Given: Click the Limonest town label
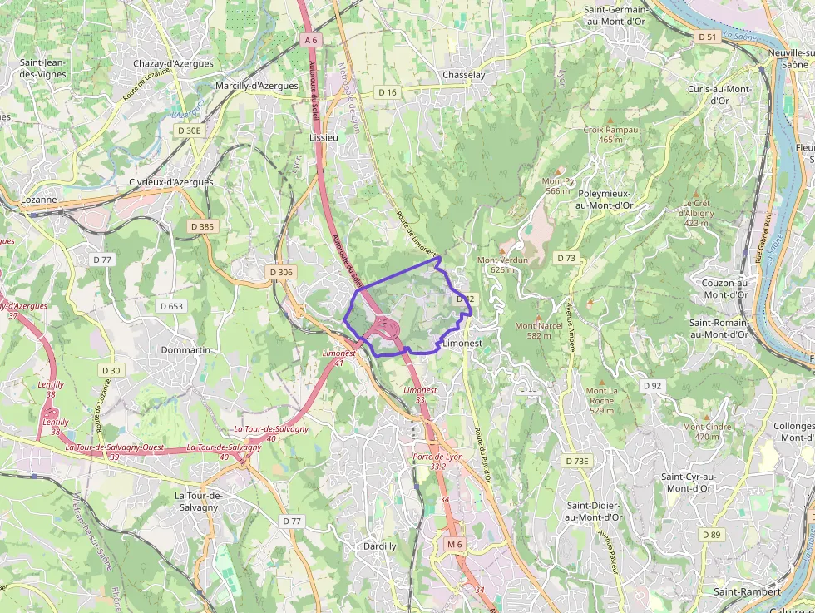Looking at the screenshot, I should coord(463,343).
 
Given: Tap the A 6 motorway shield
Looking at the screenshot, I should coord(310,40).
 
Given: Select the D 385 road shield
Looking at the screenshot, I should coord(202,226).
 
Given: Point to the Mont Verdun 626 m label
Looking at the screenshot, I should coord(502,264).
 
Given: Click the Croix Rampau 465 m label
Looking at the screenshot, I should coord(610,135).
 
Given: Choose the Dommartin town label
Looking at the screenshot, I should coord(185,350).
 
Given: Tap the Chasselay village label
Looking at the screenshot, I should coord(464,75).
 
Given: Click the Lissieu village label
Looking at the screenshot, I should coord(324,137).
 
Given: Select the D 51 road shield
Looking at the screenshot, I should coord(707,37).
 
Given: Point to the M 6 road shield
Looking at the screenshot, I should coord(453,544).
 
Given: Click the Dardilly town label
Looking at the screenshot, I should coord(380,546).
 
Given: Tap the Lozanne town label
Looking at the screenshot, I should coord(39,200).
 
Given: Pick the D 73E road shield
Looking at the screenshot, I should coord(576,461).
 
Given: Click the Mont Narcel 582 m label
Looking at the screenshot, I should coord(539,330).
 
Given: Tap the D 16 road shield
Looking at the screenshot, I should coord(388,92).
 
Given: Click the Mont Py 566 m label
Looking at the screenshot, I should coord(558,185).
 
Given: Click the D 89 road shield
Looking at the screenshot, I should coord(710,534).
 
